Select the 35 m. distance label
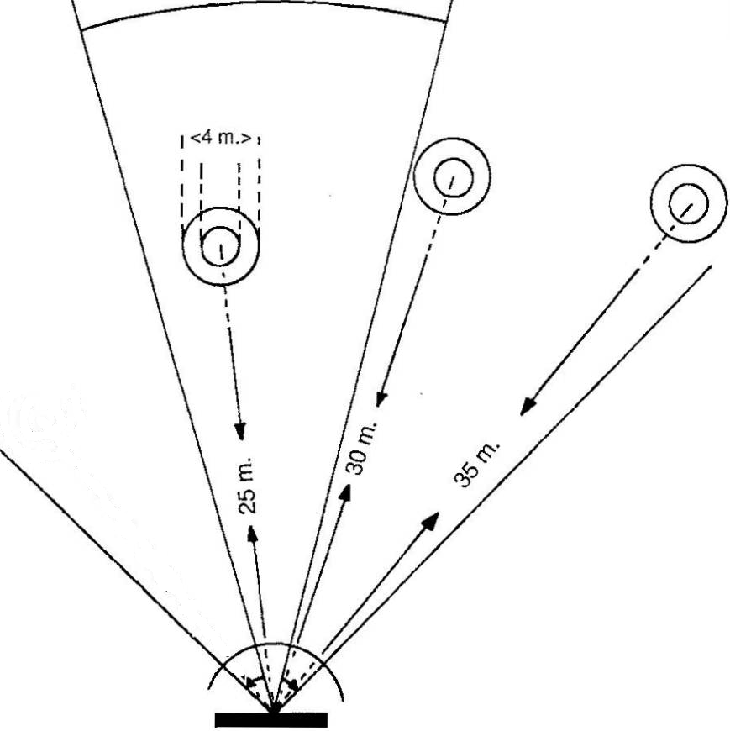coord(476,462)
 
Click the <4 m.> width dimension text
coord(220,137)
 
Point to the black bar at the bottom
coord(270,719)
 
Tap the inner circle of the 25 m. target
coord(220,246)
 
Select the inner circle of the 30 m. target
coord(452,176)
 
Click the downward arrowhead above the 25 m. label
coord(240,432)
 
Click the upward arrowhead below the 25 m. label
coord(252,535)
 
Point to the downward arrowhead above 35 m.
coord(527,408)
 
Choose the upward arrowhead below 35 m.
coord(431,520)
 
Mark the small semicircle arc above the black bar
coord(277,651)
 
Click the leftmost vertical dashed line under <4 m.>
coord(182,181)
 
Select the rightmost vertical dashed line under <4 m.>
coord(258,181)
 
